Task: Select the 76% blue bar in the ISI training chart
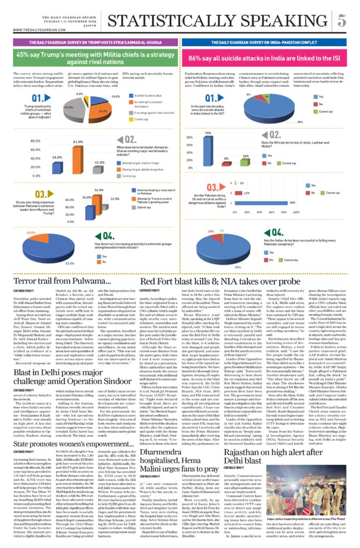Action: tap(208, 148)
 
